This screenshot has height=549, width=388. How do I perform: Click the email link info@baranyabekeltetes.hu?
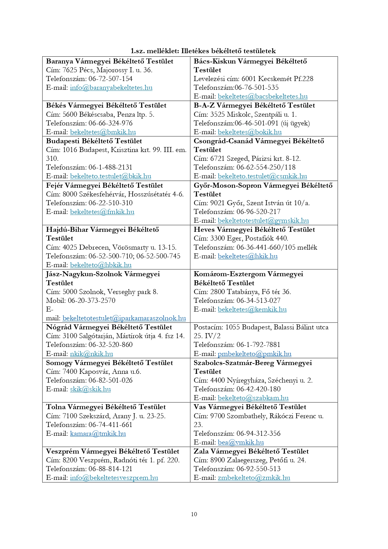point(111,88)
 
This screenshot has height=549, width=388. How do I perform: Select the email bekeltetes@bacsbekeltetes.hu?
point(263,96)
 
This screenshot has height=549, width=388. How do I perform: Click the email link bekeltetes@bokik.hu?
point(249,132)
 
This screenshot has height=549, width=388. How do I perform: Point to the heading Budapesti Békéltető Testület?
point(94,141)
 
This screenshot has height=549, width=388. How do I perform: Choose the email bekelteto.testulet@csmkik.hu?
point(262,176)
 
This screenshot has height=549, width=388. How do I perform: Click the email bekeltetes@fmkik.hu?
point(102,212)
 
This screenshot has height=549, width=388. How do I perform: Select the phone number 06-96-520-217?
point(258,212)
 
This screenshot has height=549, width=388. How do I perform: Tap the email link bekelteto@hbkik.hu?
point(101,265)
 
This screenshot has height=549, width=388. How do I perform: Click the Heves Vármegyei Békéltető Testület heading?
point(254,230)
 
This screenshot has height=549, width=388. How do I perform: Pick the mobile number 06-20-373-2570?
point(91,301)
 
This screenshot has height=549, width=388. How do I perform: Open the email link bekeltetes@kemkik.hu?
point(252,309)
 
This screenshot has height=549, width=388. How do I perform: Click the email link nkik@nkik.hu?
point(91,354)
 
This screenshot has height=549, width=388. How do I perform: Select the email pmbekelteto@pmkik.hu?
point(254,354)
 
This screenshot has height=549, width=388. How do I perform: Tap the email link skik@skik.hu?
point(90,389)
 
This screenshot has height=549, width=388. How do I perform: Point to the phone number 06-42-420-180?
point(258,389)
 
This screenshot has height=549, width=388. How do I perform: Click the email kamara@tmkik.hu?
point(98,434)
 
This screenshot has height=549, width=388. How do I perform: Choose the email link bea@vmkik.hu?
point(241,442)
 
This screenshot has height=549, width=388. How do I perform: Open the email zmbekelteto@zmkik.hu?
point(254,478)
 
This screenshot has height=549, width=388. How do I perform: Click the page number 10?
point(194,514)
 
